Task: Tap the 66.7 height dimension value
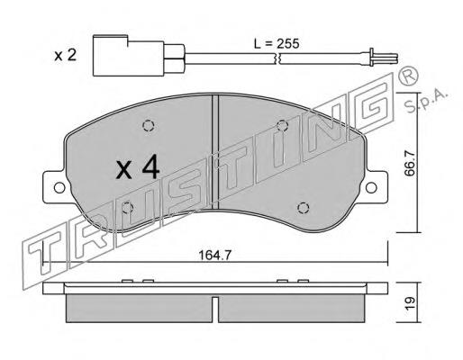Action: [410, 163]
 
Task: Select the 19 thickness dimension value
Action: [410, 303]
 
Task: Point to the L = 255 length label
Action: [277, 44]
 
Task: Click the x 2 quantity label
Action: [66, 56]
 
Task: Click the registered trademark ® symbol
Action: [408, 76]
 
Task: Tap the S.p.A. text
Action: [426, 100]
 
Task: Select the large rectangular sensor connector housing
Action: [129, 56]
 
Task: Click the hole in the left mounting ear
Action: [59, 188]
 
